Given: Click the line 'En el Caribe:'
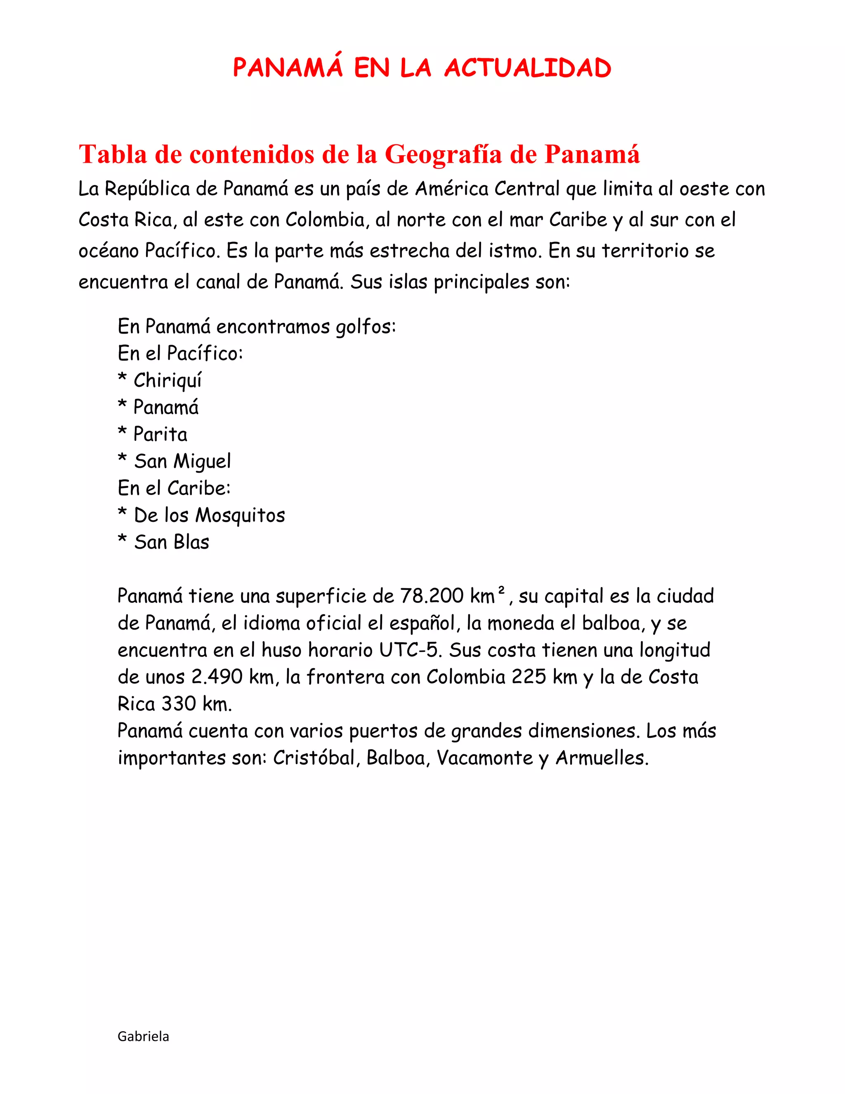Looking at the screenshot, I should (174, 488).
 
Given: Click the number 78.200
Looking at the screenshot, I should (432, 596).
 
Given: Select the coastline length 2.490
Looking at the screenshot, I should (217, 677).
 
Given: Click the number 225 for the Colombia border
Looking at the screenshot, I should (529, 677).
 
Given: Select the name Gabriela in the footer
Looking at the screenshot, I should (143, 1036).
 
